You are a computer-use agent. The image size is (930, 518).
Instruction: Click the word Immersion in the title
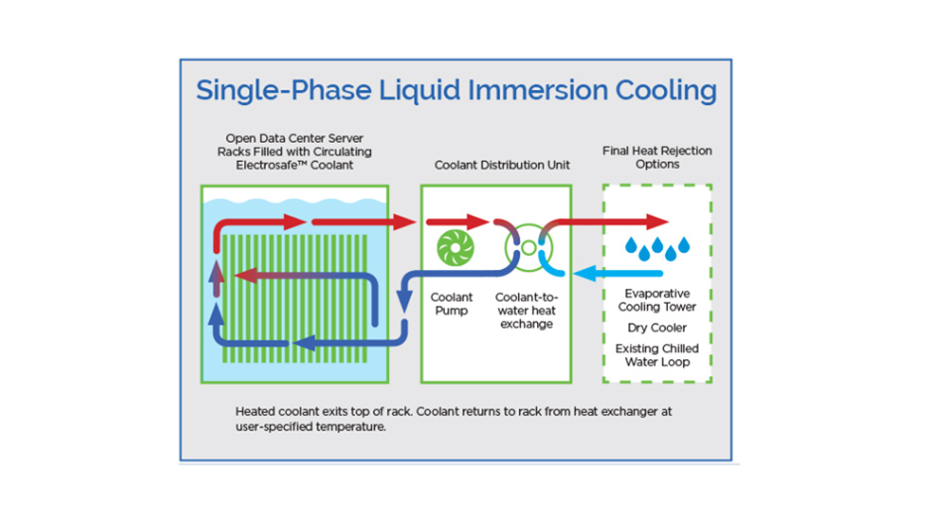(x=538, y=90)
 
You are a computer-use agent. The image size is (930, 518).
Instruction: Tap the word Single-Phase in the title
(x=284, y=91)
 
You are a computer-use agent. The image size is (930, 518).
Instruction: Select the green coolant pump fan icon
(x=455, y=247)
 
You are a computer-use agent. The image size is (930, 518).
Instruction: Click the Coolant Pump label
(x=452, y=304)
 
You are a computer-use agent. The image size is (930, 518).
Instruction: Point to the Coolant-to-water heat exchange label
(x=526, y=310)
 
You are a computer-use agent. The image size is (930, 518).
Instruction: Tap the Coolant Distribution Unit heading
(x=502, y=165)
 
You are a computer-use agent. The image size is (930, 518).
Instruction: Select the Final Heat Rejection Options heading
(x=657, y=157)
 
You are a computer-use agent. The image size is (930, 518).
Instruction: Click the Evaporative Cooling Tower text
(x=657, y=300)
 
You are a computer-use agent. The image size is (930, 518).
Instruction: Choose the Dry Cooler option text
(x=657, y=327)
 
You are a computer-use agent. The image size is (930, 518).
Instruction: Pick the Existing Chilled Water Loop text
(x=657, y=355)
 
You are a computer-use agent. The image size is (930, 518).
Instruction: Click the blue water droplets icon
(x=657, y=248)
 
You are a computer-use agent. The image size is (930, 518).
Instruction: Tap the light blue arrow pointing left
(x=617, y=273)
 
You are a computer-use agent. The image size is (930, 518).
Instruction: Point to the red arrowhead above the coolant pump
(x=476, y=221)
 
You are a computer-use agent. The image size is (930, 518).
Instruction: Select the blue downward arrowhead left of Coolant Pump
(x=405, y=301)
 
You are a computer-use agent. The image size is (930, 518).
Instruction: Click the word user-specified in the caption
(x=273, y=427)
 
